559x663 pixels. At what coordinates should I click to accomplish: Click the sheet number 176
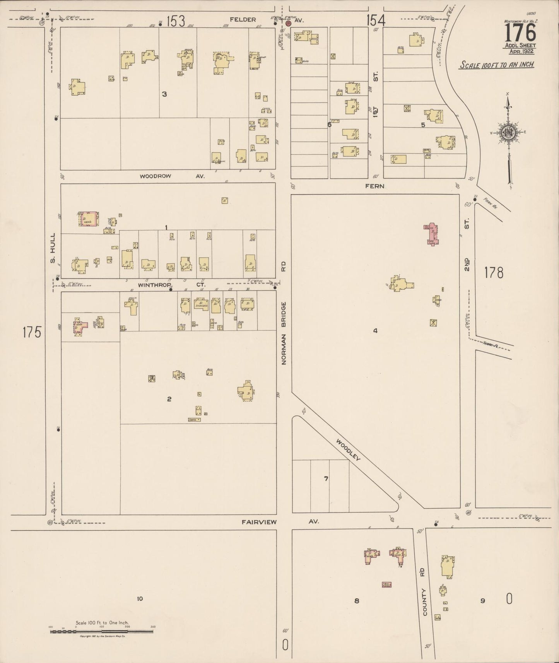(520, 33)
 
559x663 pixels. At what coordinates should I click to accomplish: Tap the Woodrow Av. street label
(172, 176)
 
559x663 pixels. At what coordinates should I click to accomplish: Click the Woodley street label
(348, 450)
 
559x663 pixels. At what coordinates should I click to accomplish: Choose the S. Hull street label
(53, 248)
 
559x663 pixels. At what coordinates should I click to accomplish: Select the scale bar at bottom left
(102, 632)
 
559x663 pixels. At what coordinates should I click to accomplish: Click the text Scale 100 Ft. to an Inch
(496, 65)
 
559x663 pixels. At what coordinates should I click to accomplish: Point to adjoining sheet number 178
(494, 273)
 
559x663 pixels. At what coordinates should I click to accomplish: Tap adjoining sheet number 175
(32, 332)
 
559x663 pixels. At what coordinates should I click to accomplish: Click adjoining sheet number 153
(176, 21)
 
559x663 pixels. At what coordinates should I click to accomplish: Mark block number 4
(375, 330)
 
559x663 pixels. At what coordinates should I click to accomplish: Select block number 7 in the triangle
(326, 479)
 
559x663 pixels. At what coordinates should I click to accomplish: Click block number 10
(140, 599)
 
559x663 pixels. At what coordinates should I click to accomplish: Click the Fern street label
(374, 186)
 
